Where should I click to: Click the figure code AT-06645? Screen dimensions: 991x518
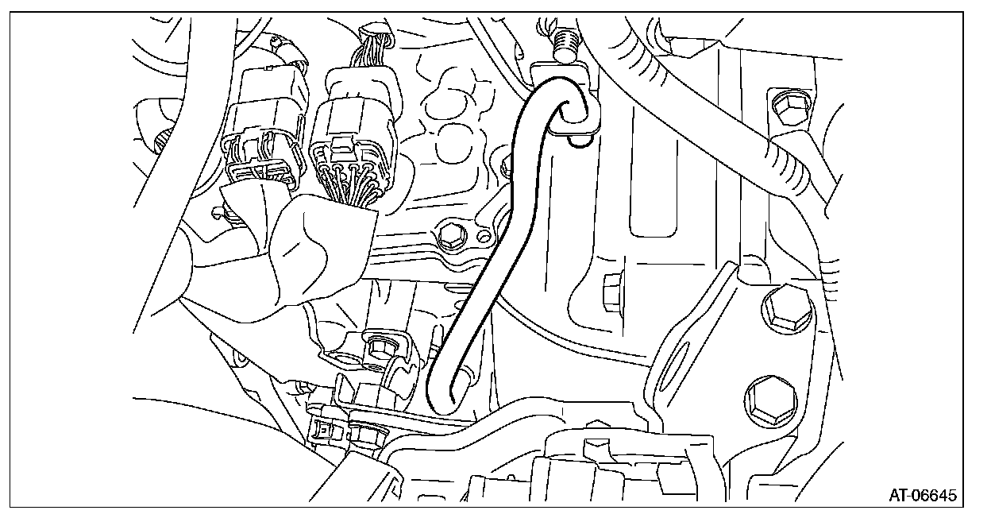pyautogui.click(x=922, y=494)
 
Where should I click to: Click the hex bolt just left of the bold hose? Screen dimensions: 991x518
pyautogui.click(x=450, y=234)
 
